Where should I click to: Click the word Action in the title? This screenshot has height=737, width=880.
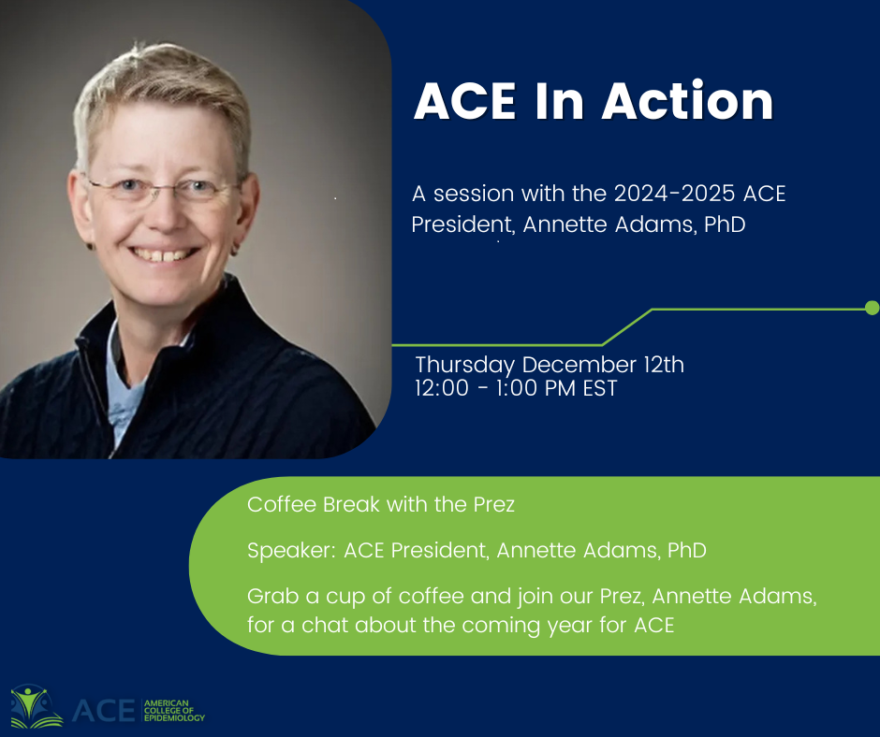pos(687,101)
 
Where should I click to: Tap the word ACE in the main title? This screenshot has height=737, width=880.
pos(464,102)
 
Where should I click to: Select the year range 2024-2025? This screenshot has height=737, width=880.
pos(674,194)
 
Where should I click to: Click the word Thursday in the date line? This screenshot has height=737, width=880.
pos(464,366)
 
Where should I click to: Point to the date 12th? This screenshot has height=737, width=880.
pos(664,365)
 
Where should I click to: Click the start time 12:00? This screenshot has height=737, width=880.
pos(442,388)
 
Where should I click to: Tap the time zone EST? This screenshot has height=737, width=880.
pos(599,388)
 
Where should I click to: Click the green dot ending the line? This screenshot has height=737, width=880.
pos(873,308)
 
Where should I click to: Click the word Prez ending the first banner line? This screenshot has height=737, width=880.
pos(494,504)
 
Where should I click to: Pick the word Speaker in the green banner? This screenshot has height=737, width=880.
pos(291,551)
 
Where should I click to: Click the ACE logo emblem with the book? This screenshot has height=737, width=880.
pos(37,706)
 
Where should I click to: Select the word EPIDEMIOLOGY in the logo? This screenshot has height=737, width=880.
pos(174,718)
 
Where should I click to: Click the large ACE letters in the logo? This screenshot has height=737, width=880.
pos(104,711)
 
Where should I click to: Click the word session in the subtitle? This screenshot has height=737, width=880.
pos(474,194)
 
